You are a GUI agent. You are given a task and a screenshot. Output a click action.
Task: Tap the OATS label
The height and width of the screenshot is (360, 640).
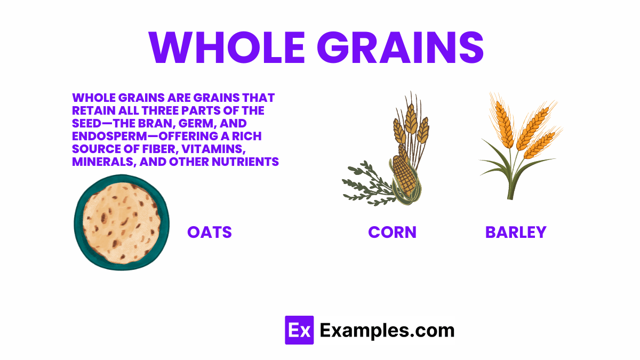click(x=210, y=232)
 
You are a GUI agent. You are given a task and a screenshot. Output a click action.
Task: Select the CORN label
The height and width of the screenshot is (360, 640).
click(x=392, y=232)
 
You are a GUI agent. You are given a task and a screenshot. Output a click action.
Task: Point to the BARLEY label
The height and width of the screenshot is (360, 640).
click(x=516, y=232)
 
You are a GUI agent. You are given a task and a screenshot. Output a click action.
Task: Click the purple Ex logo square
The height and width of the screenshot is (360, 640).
click(x=299, y=330)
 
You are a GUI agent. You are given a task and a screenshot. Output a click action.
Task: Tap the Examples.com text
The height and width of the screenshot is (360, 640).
click(x=387, y=330)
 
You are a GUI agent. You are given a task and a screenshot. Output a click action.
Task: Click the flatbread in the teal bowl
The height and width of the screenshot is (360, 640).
click(x=122, y=222)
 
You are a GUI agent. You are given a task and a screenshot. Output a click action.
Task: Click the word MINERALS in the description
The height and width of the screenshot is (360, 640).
click(x=102, y=162)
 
